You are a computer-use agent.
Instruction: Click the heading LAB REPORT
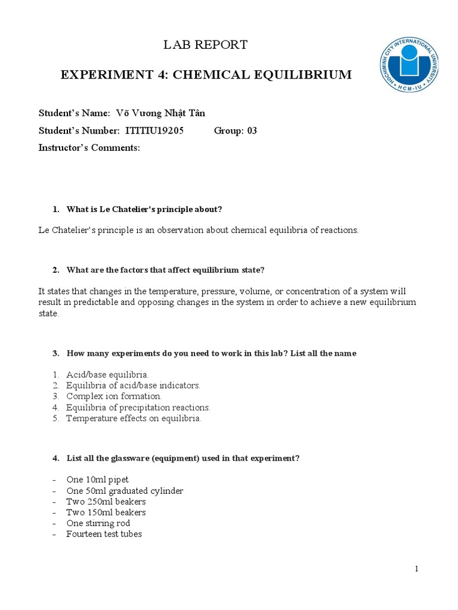coord(206,45)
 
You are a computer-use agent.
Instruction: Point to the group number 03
coord(252,130)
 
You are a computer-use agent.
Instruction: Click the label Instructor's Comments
coord(89,148)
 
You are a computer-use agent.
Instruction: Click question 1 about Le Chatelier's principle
coord(144,209)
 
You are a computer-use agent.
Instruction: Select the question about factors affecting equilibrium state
coord(165,270)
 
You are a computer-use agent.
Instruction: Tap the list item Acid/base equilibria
coord(107,375)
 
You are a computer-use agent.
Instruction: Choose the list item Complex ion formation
coord(114,396)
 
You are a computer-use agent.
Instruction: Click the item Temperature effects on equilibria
coord(134,418)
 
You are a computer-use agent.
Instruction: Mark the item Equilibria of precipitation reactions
coord(138,407)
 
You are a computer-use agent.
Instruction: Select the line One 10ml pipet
coord(97,480)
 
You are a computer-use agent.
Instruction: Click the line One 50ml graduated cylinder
coord(125,491)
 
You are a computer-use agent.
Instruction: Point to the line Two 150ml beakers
coord(106,512)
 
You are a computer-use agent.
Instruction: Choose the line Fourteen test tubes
coord(104,534)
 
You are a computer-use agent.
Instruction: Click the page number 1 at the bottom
coord(417,569)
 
